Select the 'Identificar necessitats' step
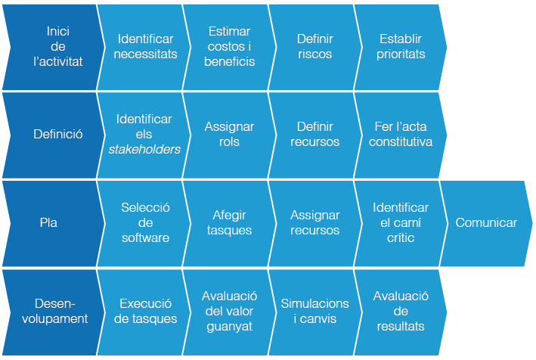[x=145, y=47]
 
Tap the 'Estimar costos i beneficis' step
[x=229, y=47]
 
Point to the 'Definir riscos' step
[x=314, y=47]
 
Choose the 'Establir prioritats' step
[x=401, y=47]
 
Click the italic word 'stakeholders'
[x=144, y=150]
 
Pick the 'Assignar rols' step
[x=229, y=135]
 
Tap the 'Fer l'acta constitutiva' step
[x=401, y=135]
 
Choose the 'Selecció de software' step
[x=145, y=223]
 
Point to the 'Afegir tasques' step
[x=229, y=223]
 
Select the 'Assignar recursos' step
[x=314, y=223]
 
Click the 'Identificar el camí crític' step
[x=401, y=223]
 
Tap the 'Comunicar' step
[x=486, y=223]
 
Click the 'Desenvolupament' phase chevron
[x=60, y=312]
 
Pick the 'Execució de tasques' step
[x=145, y=312]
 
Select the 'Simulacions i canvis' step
[x=314, y=312]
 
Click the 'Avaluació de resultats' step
[x=401, y=312]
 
